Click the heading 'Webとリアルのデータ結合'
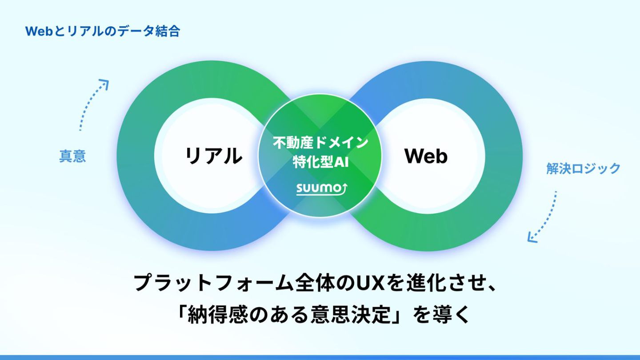103,31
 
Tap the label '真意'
72,156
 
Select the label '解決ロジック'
583,168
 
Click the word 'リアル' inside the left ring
213,156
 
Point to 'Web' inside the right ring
426,156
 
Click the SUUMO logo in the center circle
322,188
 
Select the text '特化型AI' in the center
320,162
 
